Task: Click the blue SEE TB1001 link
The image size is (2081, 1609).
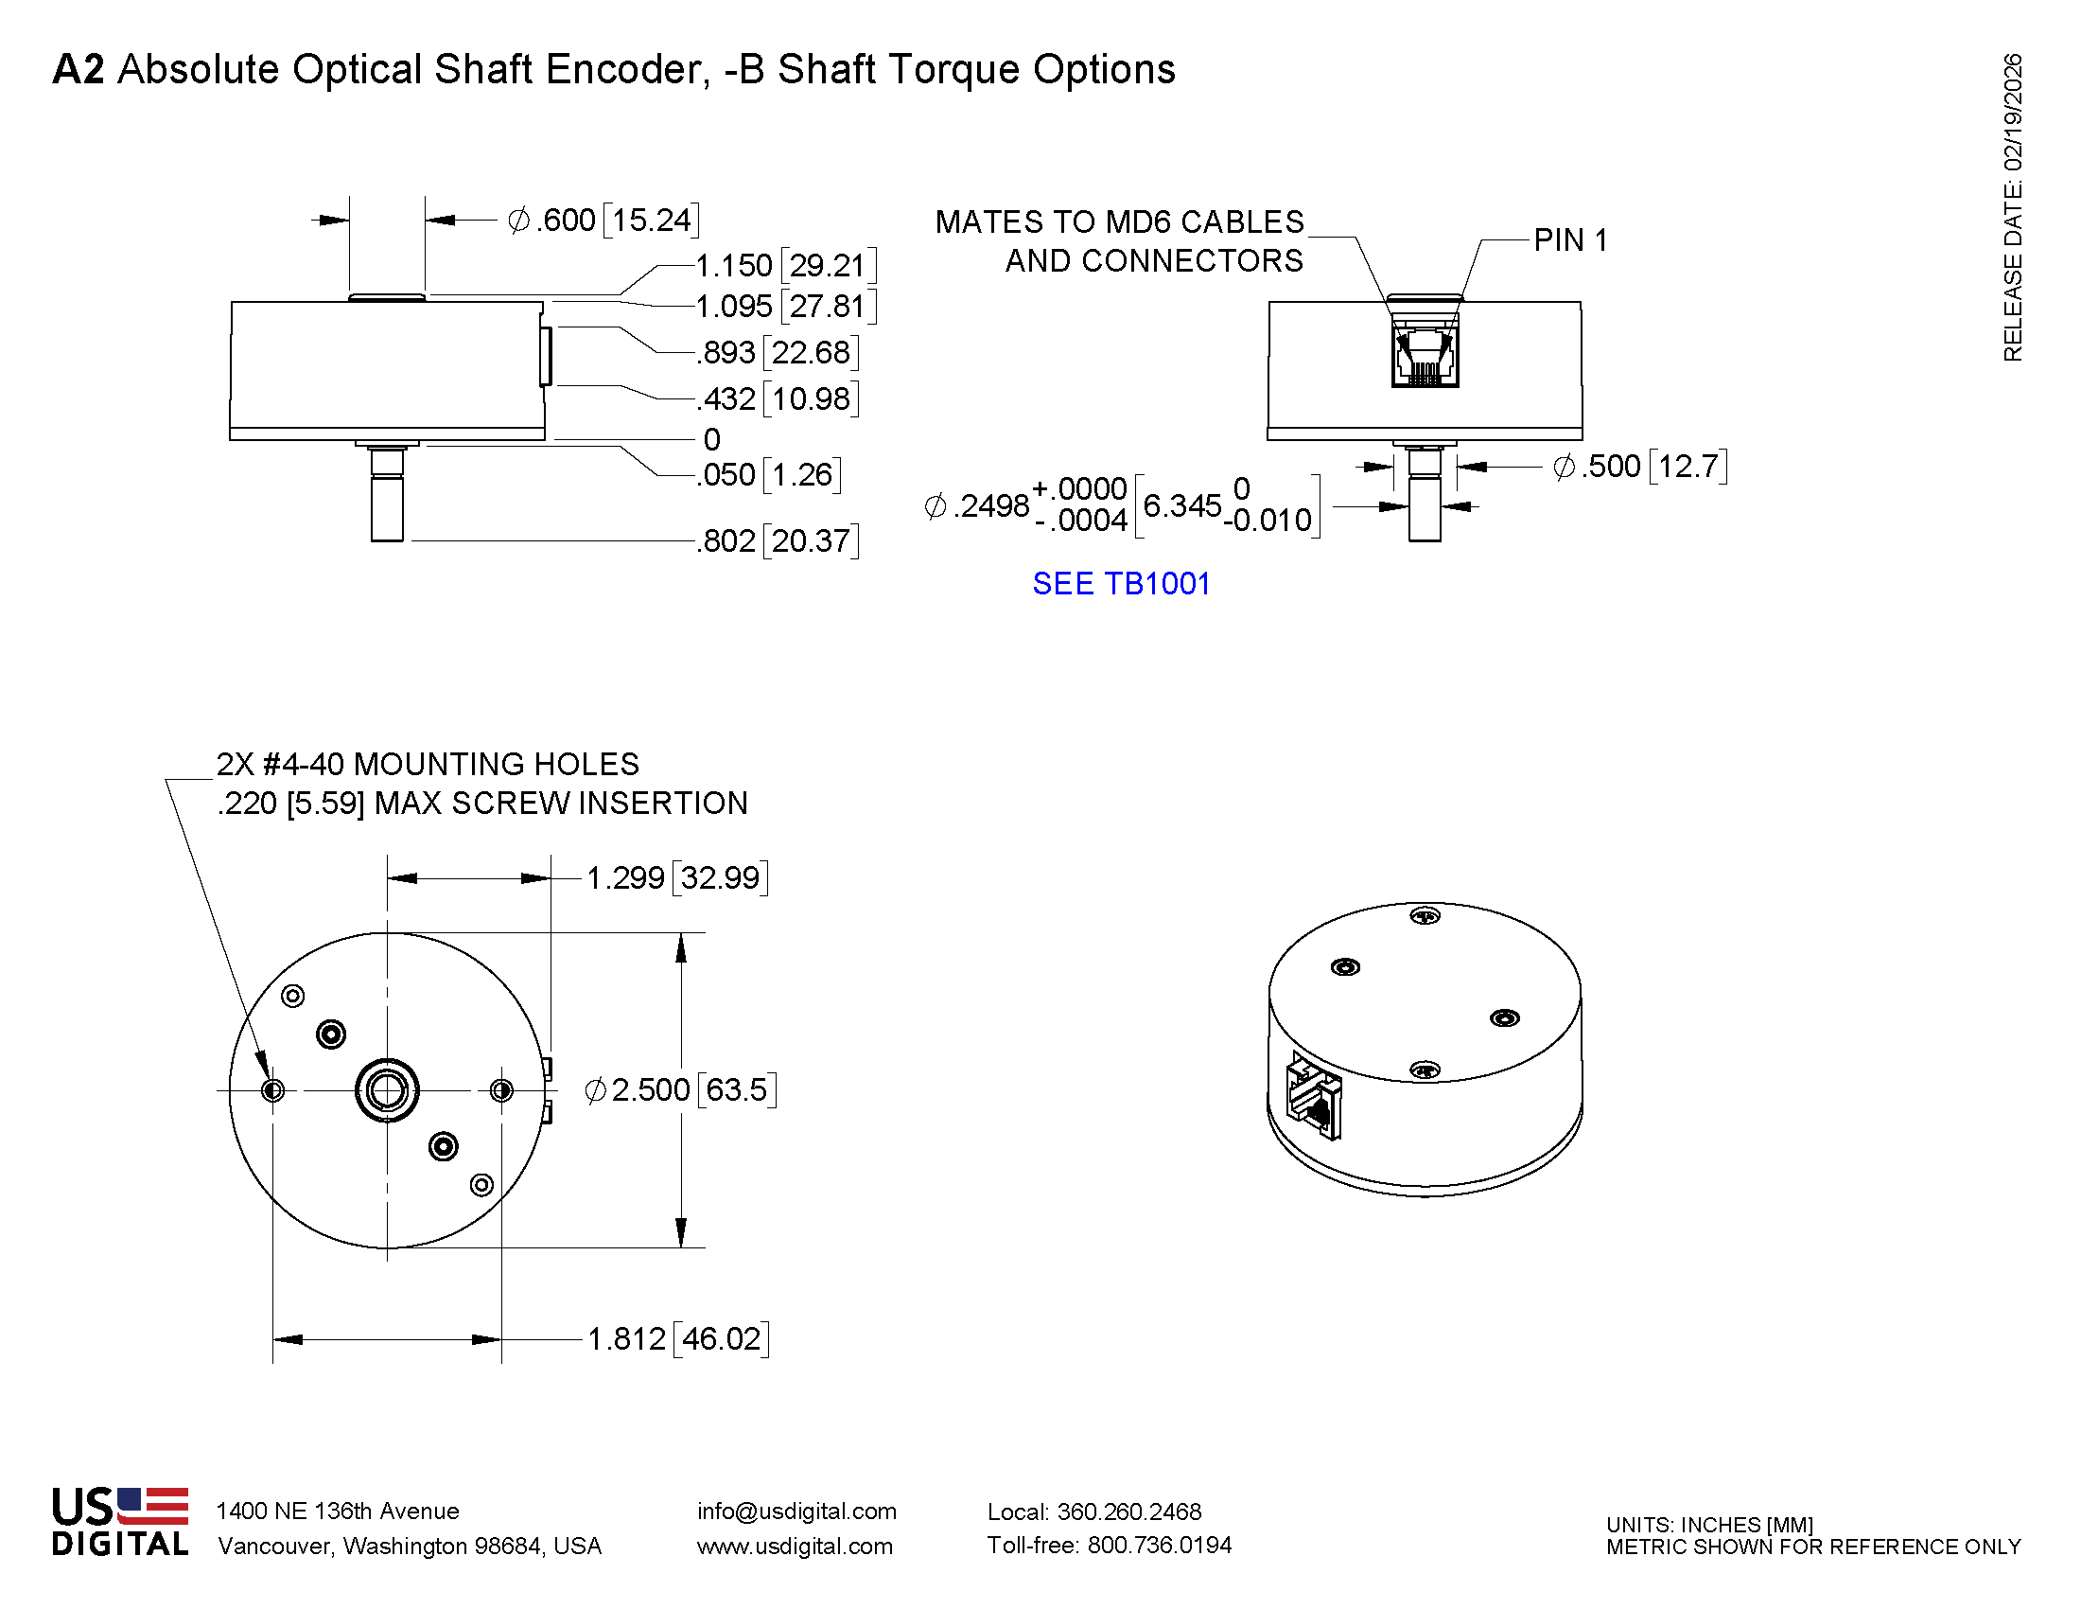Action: point(1121,583)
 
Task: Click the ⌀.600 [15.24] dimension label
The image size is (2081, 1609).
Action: point(603,221)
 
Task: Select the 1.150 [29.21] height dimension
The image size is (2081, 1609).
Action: point(785,265)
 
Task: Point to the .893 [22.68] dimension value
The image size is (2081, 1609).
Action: point(777,353)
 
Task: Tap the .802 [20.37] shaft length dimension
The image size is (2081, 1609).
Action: point(777,540)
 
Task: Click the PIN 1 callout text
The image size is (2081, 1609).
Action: point(1570,240)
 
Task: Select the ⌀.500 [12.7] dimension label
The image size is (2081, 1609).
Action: point(1639,466)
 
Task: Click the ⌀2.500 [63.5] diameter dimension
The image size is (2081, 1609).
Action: point(680,1089)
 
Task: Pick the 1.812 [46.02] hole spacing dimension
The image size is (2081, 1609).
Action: point(677,1338)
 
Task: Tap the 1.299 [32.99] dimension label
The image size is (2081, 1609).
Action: point(676,878)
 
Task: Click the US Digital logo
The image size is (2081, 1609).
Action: point(120,1521)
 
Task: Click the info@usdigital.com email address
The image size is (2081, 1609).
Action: point(796,1511)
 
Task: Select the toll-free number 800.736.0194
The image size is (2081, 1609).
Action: point(1159,1546)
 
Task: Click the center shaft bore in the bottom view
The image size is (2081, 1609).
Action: point(387,1090)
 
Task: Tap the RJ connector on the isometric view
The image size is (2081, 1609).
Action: point(1314,1098)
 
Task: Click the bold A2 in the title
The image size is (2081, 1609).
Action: point(79,69)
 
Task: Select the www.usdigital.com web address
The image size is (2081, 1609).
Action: point(795,1547)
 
